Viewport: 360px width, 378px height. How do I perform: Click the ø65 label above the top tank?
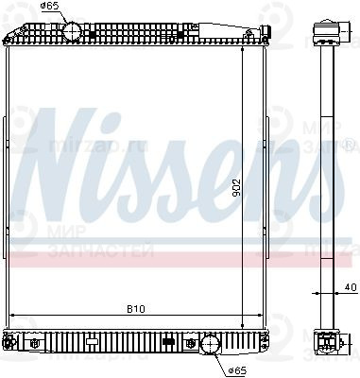click(x=48, y=7)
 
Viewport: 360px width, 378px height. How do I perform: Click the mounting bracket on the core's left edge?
click(x=7, y=133)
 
